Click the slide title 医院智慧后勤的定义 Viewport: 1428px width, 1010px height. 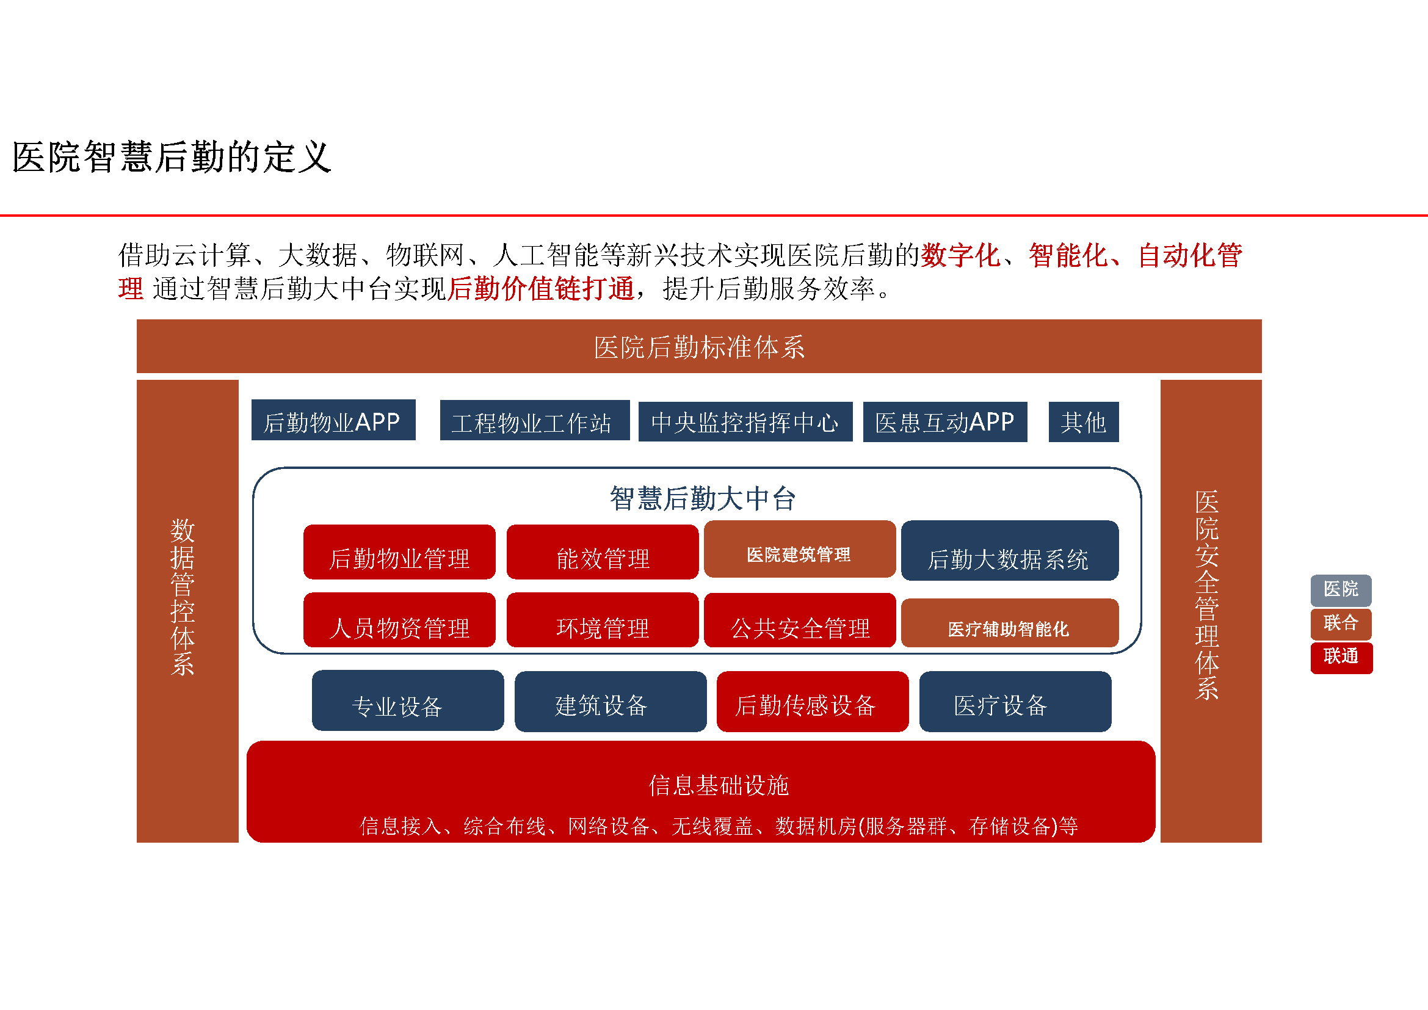coord(172,157)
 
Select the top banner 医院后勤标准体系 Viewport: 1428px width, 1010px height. coord(699,346)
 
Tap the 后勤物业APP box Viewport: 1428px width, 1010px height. coord(333,420)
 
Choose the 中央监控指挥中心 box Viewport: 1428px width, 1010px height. coord(745,422)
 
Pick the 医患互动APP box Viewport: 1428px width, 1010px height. coord(945,422)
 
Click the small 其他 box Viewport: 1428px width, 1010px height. coord(1084,422)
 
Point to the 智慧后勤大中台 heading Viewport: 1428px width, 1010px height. coord(703,498)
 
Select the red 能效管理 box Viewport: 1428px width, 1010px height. coord(603,552)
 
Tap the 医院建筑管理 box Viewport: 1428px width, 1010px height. coord(800,549)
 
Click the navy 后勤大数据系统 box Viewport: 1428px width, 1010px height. coord(1010,550)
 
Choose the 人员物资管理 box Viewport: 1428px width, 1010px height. coord(400,620)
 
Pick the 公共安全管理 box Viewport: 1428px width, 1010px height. coord(800,620)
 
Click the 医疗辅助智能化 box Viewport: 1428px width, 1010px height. coord(1010,623)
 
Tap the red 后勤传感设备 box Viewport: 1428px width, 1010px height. coord(813,702)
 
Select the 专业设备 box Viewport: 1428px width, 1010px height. coord(408,700)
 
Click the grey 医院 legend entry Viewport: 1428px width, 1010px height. coord(1341,590)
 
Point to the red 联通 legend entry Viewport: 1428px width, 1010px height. coord(1341,658)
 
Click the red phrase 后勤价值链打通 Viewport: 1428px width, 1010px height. coord(540,289)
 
